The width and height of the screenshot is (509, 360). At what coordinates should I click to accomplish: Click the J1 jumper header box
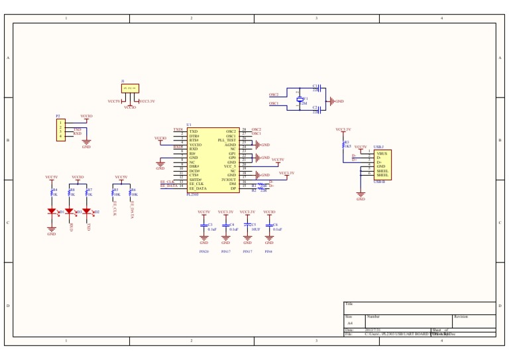click(130, 88)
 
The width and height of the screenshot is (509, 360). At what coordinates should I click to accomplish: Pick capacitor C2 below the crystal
click(315, 108)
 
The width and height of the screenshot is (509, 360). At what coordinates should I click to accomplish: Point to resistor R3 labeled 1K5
click(343, 144)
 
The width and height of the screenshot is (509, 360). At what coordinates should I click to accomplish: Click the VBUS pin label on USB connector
click(381, 153)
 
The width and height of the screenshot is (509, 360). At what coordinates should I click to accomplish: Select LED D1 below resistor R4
click(52, 212)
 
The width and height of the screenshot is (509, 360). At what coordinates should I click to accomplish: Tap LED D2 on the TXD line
click(86, 212)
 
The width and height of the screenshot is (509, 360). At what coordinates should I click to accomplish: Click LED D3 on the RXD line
click(69, 212)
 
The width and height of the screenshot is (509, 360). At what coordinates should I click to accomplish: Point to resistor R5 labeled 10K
click(113, 192)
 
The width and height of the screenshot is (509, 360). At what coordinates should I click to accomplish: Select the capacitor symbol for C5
click(248, 226)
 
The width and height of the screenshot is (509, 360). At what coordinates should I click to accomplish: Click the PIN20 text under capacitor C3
click(204, 252)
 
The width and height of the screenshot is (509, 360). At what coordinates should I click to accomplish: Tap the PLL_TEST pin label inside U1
click(227, 141)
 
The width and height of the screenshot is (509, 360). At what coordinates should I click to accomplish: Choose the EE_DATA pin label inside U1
click(198, 188)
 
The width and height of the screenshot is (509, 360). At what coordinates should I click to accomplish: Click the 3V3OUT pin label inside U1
click(229, 180)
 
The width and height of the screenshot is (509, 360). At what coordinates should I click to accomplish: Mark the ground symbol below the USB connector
click(361, 197)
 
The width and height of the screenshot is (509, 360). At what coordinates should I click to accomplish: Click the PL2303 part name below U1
click(192, 194)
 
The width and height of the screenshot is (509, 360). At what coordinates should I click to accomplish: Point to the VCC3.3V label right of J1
click(147, 101)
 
